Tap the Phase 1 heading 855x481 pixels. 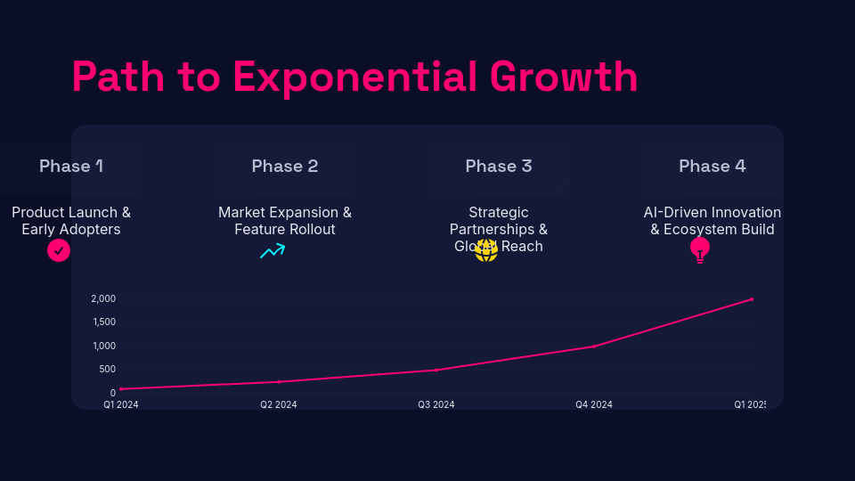click(71, 167)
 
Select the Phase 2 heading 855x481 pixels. click(285, 167)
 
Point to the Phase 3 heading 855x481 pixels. click(499, 167)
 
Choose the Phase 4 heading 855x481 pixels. click(712, 167)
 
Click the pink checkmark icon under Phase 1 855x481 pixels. click(59, 250)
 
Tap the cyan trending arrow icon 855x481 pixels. click(273, 251)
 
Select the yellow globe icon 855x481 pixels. click(486, 250)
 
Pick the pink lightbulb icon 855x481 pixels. click(700, 250)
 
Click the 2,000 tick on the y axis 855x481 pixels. click(103, 299)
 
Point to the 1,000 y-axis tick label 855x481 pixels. click(103, 346)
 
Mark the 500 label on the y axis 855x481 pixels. click(107, 370)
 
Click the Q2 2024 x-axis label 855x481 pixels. click(279, 404)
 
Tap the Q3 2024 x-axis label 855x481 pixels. click(436, 404)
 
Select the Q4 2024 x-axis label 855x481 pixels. click(594, 404)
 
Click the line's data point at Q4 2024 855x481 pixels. click(594, 346)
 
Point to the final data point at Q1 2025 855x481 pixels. click(752, 299)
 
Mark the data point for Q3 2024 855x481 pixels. click(436, 370)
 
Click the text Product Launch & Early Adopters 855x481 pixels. click(71, 221)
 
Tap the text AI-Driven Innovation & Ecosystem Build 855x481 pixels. click(712, 221)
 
